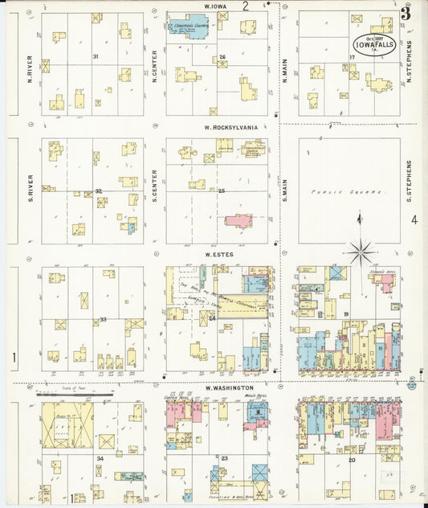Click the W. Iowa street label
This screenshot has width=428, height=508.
(x=214, y=6)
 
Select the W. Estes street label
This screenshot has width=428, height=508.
(x=218, y=255)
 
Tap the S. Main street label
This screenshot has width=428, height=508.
(x=284, y=190)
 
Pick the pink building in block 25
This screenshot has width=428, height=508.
(x=239, y=219)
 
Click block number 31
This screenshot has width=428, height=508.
(x=95, y=56)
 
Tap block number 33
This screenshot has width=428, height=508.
(x=103, y=320)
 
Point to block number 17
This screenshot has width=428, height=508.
(x=351, y=56)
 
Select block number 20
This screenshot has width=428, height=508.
(x=352, y=460)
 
